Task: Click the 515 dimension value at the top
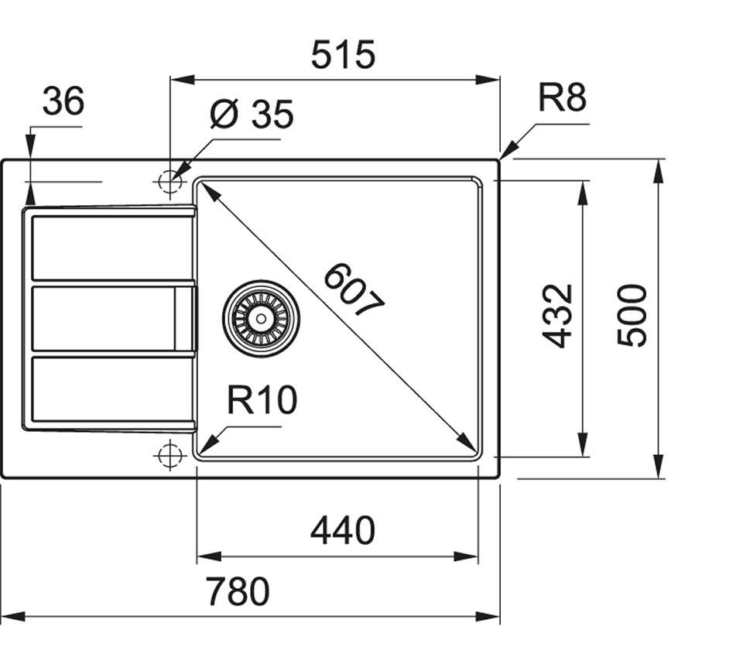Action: pos(343,55)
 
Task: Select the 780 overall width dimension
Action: pos(238,592)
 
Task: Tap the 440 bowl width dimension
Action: pos(342,531)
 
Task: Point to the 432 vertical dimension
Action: pos(557,316)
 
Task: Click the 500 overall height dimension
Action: pos(632,316)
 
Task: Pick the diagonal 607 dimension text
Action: pos(353,291)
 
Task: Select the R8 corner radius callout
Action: pos(563,98)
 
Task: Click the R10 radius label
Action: pos(262,401)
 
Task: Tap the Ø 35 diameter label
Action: pos(252,115)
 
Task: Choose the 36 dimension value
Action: pos(63,101)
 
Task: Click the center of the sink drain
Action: pos(261,317)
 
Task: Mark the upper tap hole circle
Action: pos(169,182)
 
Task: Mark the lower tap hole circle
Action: pos(169,455)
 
